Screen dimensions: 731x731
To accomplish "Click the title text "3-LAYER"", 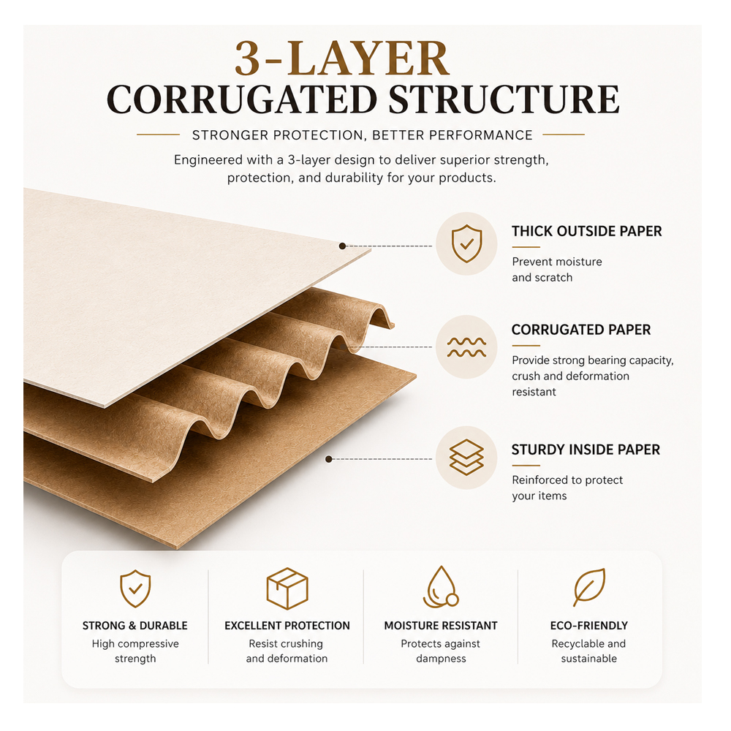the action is click(x=342, y=58).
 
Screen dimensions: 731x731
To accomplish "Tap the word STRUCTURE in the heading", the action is click(x=504, y=99).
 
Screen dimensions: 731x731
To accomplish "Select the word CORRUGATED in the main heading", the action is click(x=242, y=99).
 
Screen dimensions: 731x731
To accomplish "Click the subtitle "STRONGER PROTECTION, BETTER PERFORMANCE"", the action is click(x=363, y=135).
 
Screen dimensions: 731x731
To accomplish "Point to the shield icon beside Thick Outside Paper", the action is click(x=466, y=243).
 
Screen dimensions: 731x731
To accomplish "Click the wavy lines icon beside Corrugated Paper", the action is click(x=466, y=347).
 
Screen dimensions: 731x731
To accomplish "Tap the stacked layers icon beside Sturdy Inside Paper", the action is click(x=466, y=458).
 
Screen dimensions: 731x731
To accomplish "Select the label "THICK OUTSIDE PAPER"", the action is click(x=586, y=231).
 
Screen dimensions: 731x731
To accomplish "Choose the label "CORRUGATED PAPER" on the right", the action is click(x=581, y=330).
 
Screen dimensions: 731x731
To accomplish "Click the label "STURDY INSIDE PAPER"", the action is click(x=586, y=450).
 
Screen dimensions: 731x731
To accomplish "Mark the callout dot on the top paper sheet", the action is click(x=342, y=246).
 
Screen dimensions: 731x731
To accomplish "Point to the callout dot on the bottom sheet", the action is click(x=329, y=459).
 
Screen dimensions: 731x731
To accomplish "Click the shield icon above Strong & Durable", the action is click(x=135, y=588).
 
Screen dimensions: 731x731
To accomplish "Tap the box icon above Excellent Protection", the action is click(x=287, y=588).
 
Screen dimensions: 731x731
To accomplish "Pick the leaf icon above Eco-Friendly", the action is click(x=589, y=587).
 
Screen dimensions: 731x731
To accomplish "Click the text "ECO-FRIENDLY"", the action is click(x=588, y=626).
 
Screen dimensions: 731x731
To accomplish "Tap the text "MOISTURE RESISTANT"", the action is click(x=441, y=626).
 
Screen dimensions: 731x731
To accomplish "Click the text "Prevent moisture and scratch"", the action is click(x=556, y=270).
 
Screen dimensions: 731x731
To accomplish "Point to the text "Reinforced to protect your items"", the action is click(x=567, y=488).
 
